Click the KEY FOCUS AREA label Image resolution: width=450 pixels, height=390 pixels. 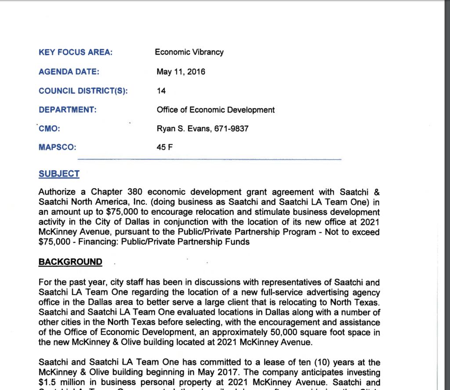76,52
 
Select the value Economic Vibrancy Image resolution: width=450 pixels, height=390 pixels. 189,52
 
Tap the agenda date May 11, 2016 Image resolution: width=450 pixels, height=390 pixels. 181,72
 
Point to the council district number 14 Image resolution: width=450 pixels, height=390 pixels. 161,91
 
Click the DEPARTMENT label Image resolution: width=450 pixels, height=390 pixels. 67,110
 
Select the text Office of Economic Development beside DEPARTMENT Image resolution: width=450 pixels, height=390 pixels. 215,110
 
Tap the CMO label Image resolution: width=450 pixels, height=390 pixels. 49,129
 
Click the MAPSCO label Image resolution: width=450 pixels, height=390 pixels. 57,147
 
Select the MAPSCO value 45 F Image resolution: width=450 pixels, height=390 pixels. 164,147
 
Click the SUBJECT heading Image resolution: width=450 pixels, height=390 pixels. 59,174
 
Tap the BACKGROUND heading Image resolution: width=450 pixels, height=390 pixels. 70,262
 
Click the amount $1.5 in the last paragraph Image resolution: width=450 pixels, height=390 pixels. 48,382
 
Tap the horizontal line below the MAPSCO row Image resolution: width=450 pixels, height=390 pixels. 209,159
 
